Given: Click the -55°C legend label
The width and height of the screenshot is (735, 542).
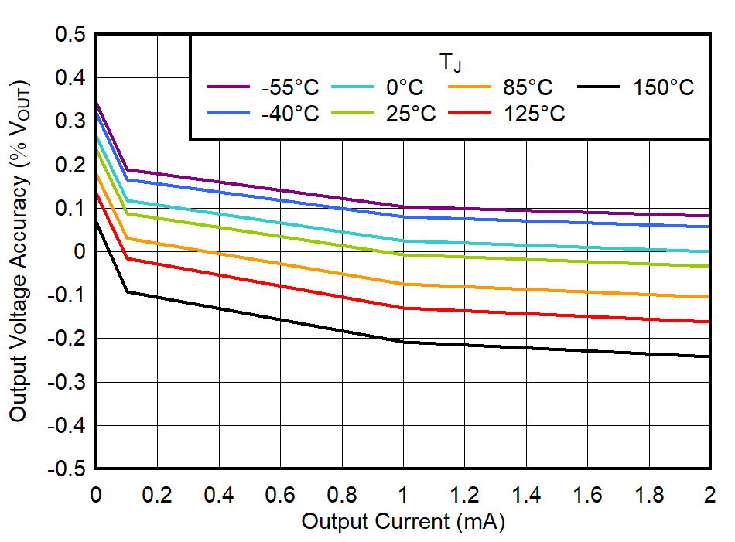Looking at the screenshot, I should tap(290, 87).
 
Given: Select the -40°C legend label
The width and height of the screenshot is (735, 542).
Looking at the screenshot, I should tap(290, 114).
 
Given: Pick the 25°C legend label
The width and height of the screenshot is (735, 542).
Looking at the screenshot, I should tap(411, 114).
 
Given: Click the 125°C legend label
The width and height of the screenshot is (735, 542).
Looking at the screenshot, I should tap(535, 114).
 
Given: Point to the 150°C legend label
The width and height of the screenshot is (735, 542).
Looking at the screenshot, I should tap(663, 87).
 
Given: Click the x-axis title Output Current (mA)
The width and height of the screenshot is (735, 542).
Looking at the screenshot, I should tap(402, 522).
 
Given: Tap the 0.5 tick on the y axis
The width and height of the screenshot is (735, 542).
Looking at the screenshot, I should tap(70, 35).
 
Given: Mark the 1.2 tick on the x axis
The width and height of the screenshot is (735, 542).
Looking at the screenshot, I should tap(464, 494).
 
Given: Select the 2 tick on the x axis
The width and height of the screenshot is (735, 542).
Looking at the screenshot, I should tap(709, 494).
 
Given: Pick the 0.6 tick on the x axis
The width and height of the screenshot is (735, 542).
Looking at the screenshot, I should tap(279, 494).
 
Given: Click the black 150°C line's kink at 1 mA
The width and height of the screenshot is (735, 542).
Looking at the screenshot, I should tap(402, 342).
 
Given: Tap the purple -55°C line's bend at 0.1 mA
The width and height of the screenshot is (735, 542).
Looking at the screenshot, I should tap(126, 169).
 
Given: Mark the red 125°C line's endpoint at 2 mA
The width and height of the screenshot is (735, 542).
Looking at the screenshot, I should tap(709, 322).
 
